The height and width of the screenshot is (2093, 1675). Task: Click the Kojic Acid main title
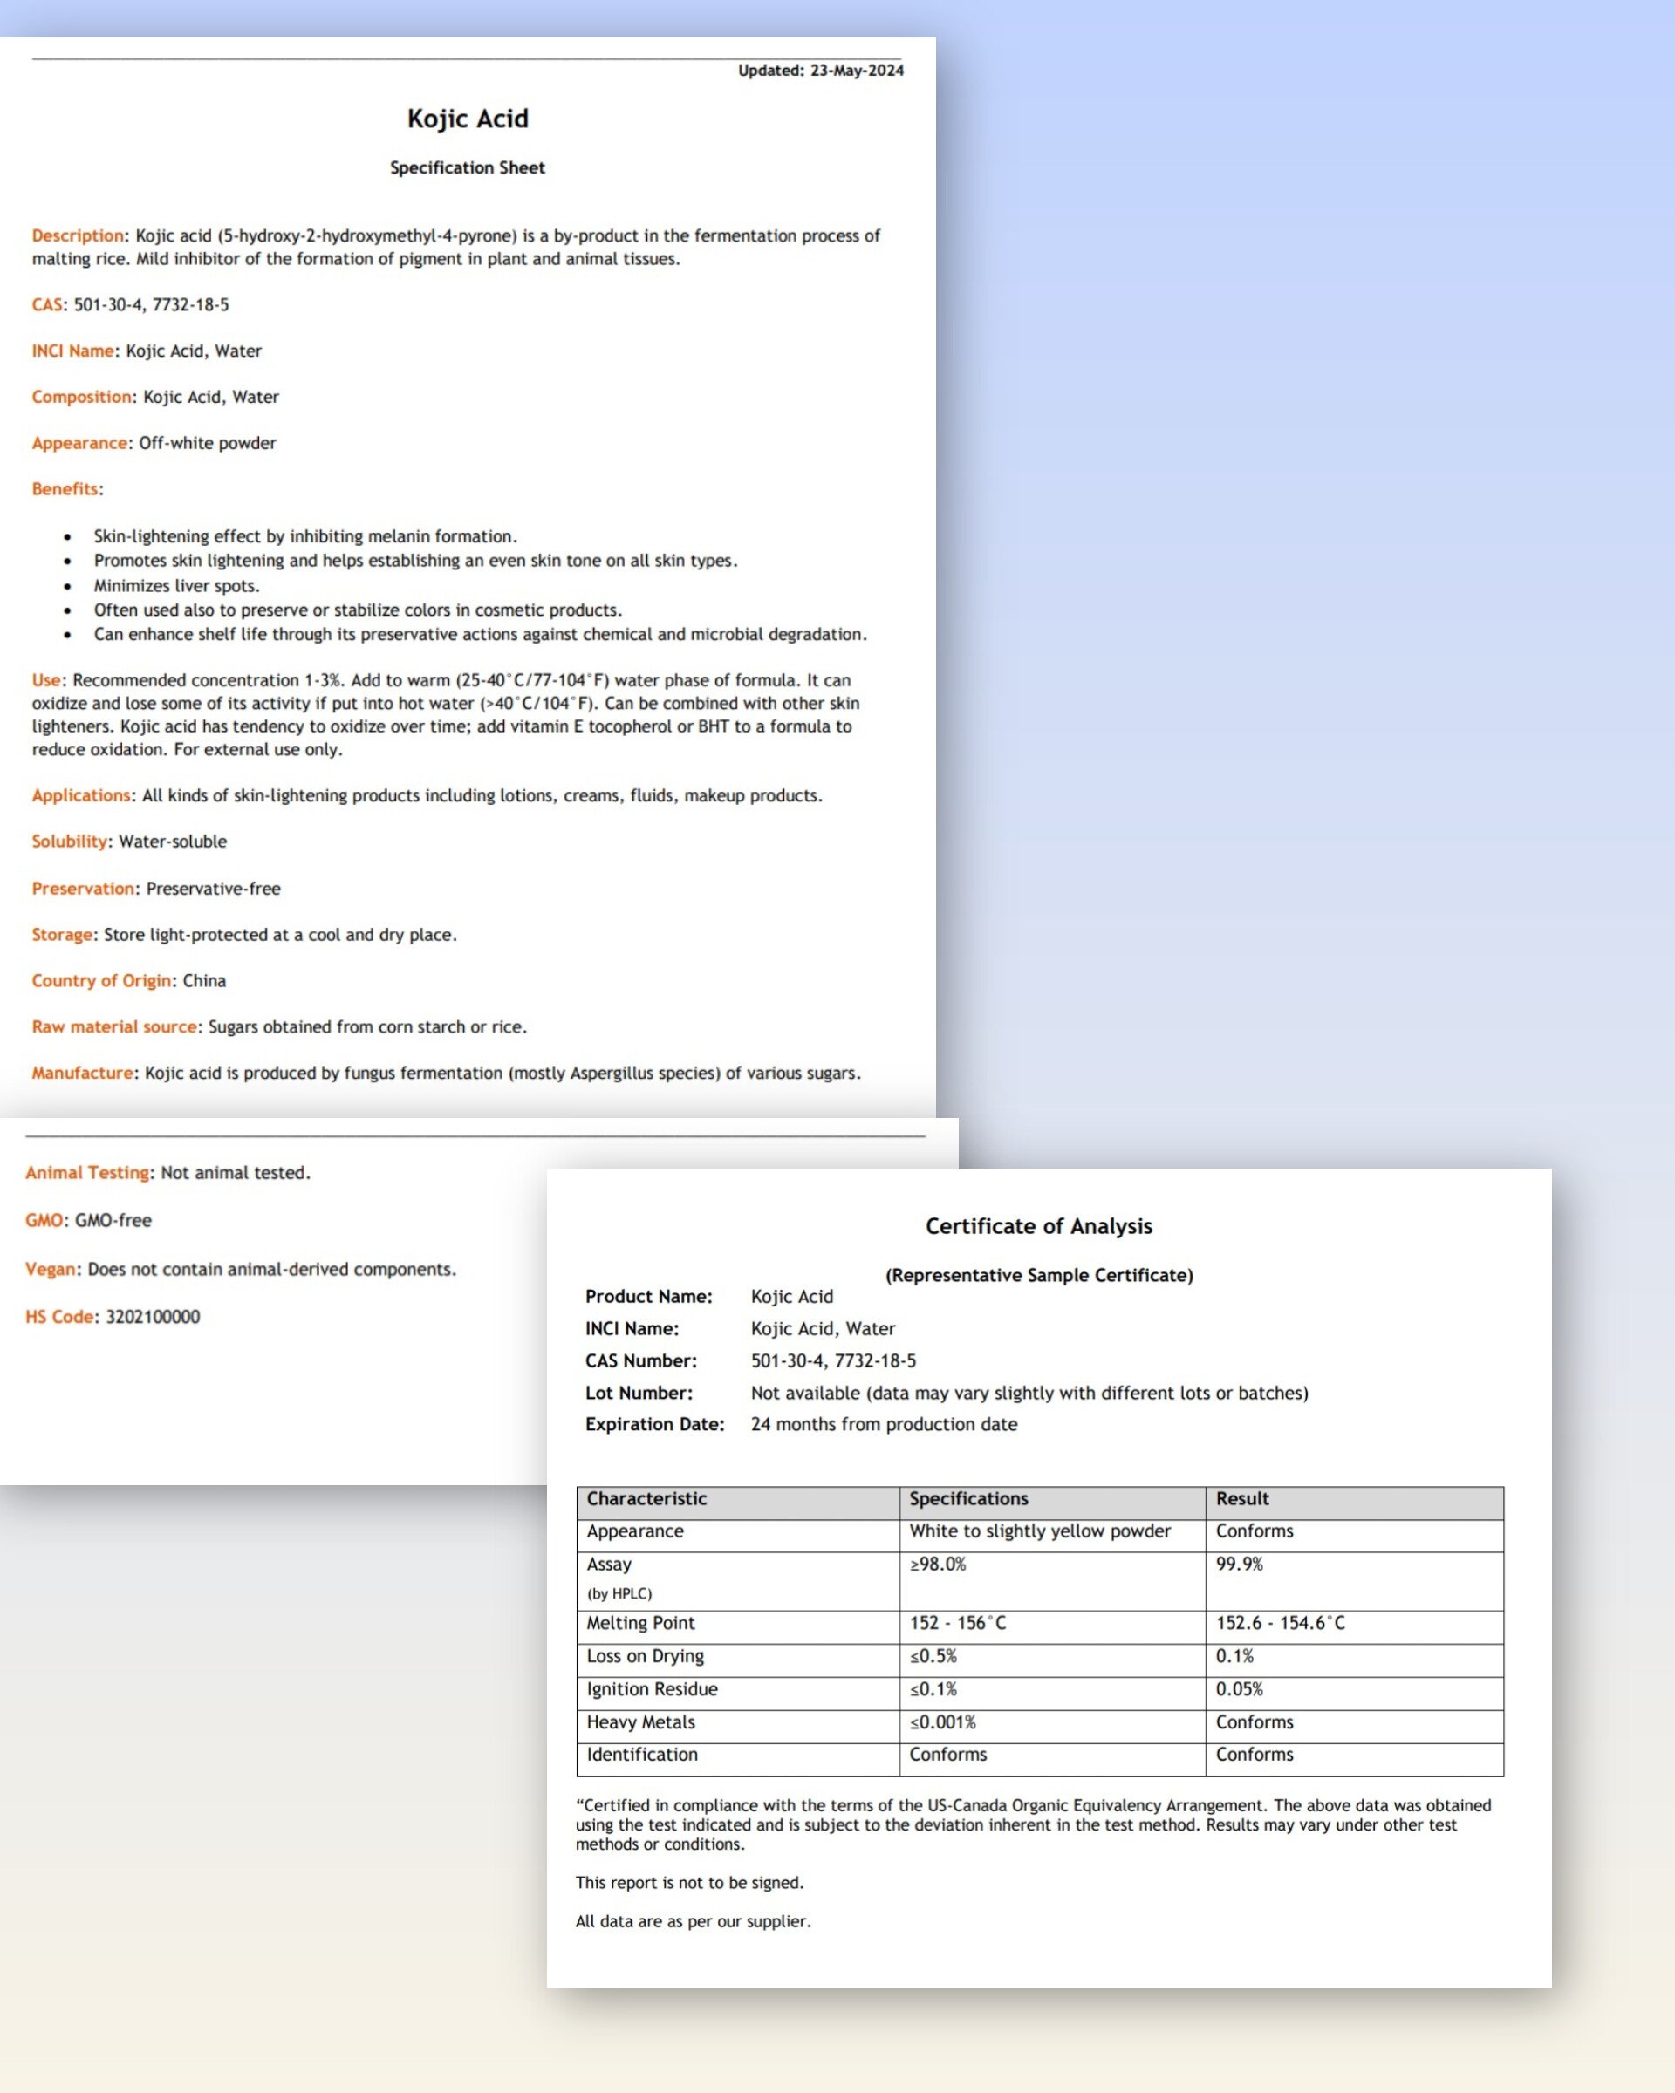coord(467,119)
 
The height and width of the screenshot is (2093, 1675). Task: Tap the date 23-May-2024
coord(857,70)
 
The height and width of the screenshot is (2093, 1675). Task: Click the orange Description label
coord(78,236)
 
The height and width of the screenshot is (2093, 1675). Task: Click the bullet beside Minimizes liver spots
coord(67,586)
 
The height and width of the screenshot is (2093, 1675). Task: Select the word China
coord(205,980)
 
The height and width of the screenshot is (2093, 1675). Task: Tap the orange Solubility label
coord(69,842)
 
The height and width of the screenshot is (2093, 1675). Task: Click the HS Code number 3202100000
coord(153,1316)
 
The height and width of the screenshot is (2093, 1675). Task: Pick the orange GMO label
coord(44,1220)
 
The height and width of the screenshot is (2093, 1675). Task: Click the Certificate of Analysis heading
coord(1038,1226)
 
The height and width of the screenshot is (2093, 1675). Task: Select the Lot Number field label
coord(638,1393)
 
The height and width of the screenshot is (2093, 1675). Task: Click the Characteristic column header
coord(646,1499)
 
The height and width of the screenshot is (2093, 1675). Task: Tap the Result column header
coord(1242,1499)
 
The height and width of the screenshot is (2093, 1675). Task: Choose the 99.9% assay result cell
coord(1239,1564)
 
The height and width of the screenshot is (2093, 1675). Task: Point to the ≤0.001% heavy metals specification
coord(942,1722)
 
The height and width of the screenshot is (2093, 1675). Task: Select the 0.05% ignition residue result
coord(1239,1689)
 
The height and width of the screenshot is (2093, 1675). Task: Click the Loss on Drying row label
coord(645,1656)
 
